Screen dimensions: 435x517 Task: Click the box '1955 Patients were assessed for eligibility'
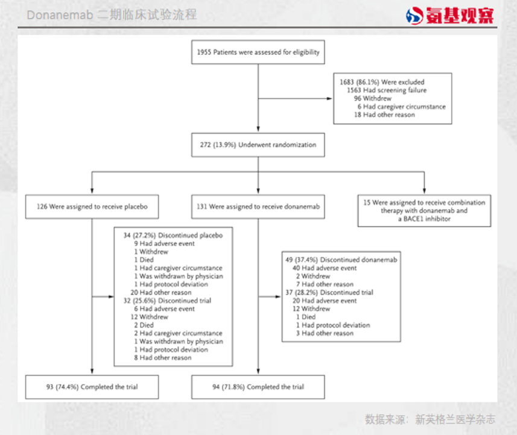(x=258, y=52)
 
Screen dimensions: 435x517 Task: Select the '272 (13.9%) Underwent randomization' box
(x=258, y=145)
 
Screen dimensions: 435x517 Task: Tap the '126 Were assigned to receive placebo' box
(x=92, y=207)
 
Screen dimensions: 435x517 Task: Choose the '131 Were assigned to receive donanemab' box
(x=258, y=207)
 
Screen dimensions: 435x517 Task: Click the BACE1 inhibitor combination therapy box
(x=423, y=210)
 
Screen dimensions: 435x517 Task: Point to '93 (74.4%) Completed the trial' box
(x=92, y=387)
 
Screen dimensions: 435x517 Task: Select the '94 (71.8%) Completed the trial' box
(x=258, y=387)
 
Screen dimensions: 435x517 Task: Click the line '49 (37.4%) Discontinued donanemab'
(x=341, y=260)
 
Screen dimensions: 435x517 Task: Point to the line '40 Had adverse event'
(x=324, y=268)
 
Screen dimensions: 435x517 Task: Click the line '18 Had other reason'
(x=384, y=114)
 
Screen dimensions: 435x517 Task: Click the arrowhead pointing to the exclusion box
(x=330, y=98)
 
